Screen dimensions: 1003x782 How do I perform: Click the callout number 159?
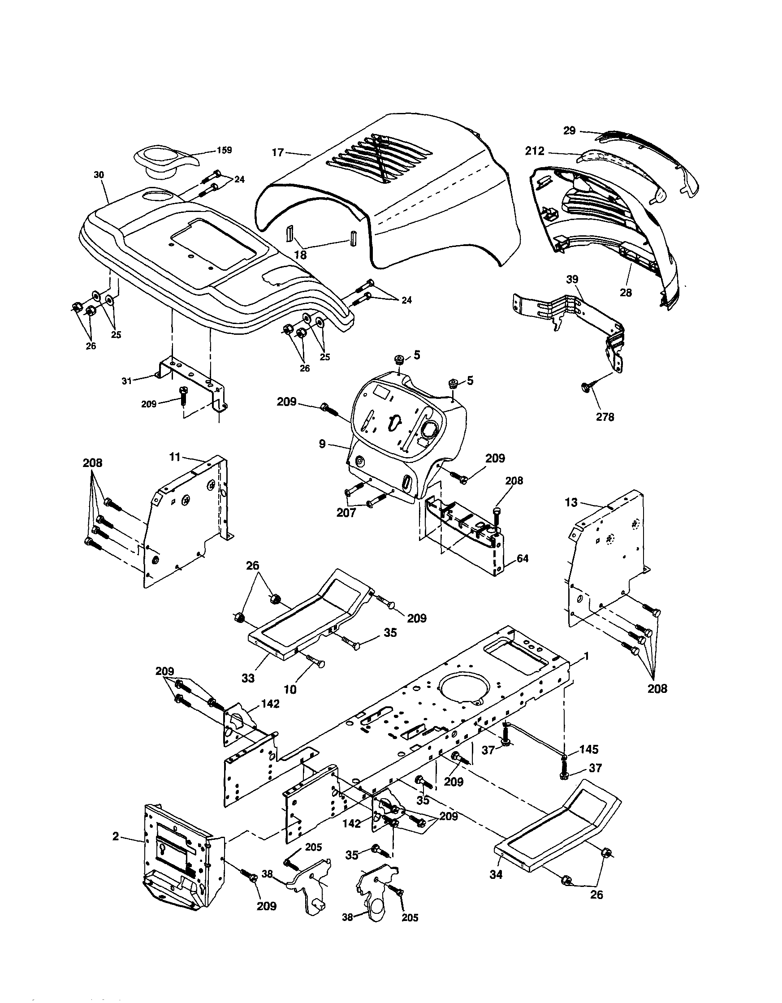coord(225,150)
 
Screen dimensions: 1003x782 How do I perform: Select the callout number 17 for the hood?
coord(278,152)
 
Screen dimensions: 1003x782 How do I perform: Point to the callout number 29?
coord(570,131)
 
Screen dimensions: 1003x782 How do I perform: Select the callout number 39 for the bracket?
coord(572,279)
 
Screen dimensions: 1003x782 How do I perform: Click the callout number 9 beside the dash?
coord(322,444)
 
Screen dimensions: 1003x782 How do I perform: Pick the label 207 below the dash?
coord(346,513)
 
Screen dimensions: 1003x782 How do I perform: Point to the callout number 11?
coord(174,457)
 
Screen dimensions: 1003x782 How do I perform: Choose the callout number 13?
coord(571,502)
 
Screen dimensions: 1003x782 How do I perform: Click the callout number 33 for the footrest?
coord(248,678)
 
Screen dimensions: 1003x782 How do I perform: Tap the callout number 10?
coord(290,689)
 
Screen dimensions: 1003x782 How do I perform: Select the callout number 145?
coord(589,749)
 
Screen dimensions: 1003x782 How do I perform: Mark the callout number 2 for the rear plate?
coord(116,836)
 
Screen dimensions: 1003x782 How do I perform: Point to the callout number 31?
coord(127,380)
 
